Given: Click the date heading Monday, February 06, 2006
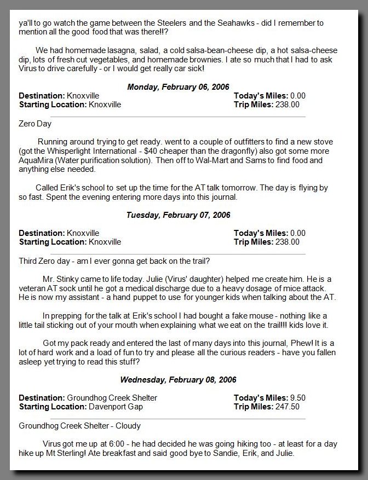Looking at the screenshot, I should point(179,86).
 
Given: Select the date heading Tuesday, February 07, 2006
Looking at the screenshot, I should point(179,215).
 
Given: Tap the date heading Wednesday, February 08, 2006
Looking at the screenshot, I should point(179,379).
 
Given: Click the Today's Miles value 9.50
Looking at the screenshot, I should point(297,398).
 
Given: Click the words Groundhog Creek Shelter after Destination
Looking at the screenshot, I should point(112,398).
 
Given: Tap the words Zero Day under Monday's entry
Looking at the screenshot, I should point(35,124).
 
